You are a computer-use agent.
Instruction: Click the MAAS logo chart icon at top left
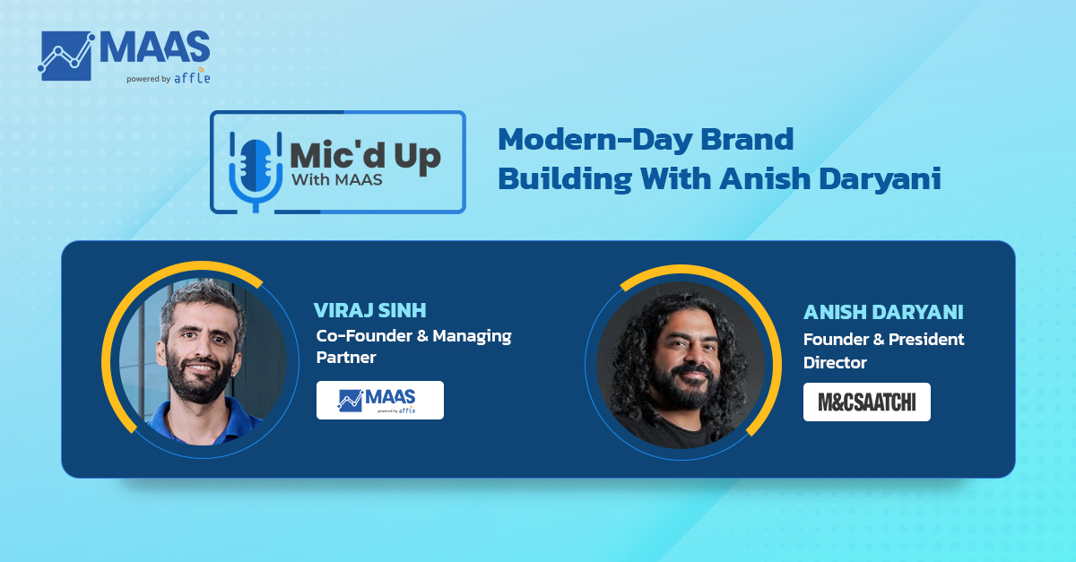click(65, 56)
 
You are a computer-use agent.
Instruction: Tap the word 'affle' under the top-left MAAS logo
click(192, 76)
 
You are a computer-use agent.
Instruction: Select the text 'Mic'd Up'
click(365, 156)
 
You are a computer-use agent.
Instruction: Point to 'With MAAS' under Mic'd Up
click(337, 179)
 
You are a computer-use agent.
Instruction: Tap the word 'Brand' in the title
click(747, 139)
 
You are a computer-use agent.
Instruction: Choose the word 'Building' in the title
click(564, 178)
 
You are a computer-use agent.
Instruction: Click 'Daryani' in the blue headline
click(880, 179)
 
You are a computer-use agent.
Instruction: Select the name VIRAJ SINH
click(369, 310)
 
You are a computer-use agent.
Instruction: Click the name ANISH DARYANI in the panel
click(883, 312)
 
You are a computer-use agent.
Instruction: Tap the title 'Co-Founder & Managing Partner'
click(413, 346)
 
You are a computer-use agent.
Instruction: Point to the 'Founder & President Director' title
click(883, 350)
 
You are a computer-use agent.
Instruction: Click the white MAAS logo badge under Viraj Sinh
click(380, 400)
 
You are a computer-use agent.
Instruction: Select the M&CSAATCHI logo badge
click(866, 402)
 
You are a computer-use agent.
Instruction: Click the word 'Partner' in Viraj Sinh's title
click(346, 358)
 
